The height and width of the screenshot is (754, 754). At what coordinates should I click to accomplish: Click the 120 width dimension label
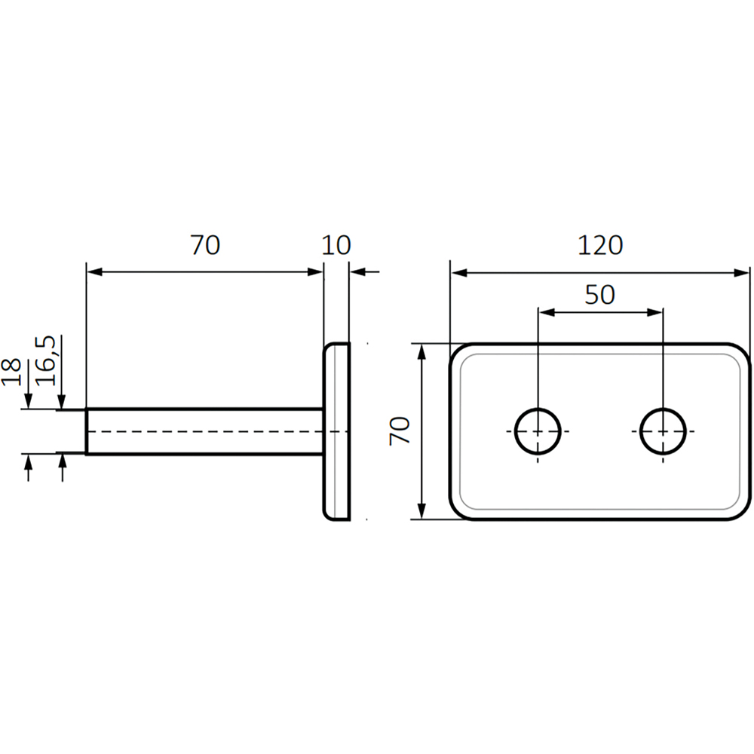point(600,245)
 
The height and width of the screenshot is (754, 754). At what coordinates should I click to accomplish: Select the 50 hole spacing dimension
point(600,295)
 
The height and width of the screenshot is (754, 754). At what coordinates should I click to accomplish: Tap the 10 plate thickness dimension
point(336,245)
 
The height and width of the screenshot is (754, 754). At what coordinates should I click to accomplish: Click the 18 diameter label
point(12,372)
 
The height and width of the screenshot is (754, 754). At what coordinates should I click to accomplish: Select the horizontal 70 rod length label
point(204,245)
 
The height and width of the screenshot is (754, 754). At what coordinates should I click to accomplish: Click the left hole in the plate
point(538,431)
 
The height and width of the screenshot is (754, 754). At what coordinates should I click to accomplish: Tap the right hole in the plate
point(663,431)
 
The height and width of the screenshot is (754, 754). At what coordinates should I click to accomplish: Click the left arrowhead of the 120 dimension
point(455,273)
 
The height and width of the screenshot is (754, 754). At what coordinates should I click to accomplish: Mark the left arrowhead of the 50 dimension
point(544,311)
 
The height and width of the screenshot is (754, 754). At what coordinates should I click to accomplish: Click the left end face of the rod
point(87,432)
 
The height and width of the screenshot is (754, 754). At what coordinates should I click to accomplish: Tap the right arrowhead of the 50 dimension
point(657,311)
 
